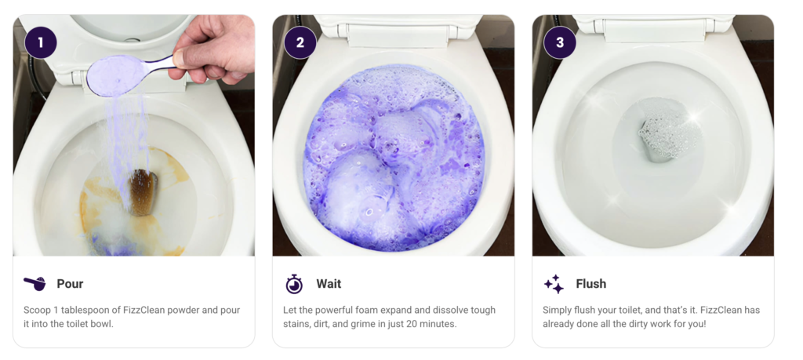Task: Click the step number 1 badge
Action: click(x=41, y=42)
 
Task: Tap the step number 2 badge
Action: click(x=300, y=42)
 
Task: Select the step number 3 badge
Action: click(x=560, y=42)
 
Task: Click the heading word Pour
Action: click(x=70, y=284)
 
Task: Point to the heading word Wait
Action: click(x=329, y=284)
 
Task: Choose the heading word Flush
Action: click(x=591, y=284)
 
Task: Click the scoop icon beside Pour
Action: click(x=35, y=284)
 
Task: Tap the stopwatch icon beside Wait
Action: click(x=295, y=284)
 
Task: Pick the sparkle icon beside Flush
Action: click(x=554, y=284)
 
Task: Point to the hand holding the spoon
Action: click(x=215, y=49)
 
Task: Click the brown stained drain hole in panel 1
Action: click(x=144, y=192)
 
